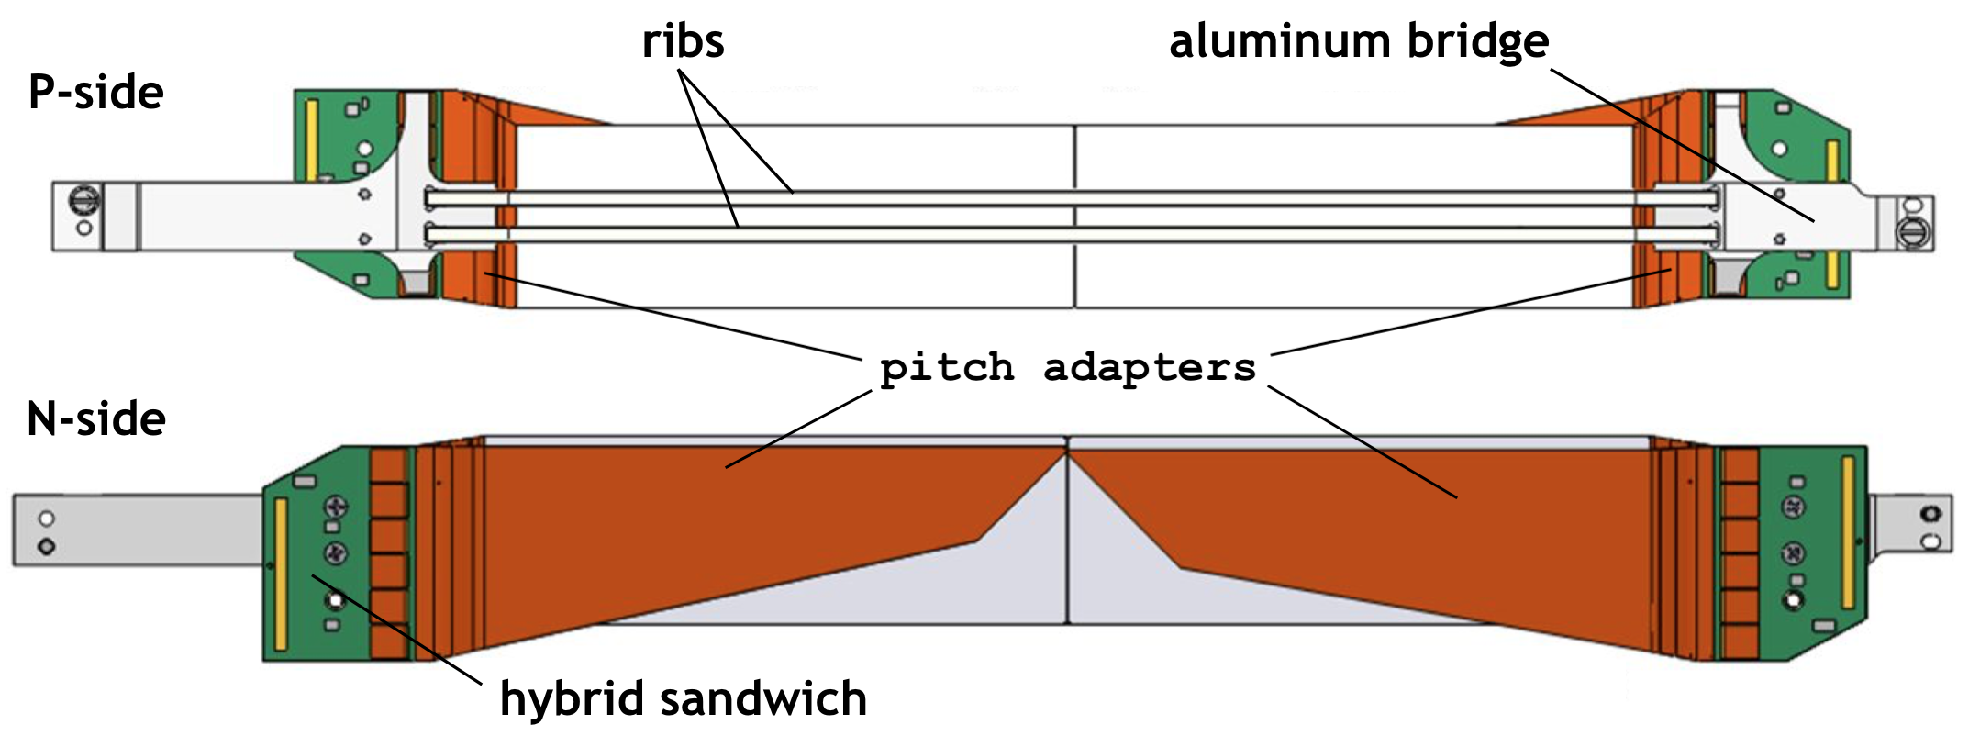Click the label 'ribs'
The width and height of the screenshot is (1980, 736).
click(683, 42)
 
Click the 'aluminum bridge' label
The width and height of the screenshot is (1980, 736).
click(1358, 42)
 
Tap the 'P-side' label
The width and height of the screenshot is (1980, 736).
click(95, 93)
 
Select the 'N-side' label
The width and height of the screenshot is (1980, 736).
click(96, 419)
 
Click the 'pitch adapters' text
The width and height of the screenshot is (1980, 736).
click(1067, 368)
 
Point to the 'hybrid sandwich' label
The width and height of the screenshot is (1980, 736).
click(683, 699)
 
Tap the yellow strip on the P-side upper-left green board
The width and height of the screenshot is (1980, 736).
click(311, 140)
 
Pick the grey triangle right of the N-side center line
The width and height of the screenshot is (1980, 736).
click(1138, 578)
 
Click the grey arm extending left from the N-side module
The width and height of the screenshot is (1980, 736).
click(138, 530)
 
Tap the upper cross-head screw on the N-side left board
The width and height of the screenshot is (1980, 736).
click(337, 506)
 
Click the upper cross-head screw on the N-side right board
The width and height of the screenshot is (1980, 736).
click(1793, 507)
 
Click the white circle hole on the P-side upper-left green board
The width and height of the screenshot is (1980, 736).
click(364, 148)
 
